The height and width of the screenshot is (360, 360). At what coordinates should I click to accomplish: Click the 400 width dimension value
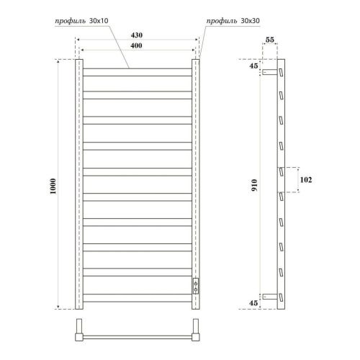tap(136, 45)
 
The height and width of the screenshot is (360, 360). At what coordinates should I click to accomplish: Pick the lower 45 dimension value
tap(254, 303)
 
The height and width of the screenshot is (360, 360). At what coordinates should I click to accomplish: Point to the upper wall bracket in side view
tap(269, 73)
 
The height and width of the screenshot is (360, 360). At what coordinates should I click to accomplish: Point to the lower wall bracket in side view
tap(269, 294)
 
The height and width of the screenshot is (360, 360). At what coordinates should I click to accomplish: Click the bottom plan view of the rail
tap(137, 334)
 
